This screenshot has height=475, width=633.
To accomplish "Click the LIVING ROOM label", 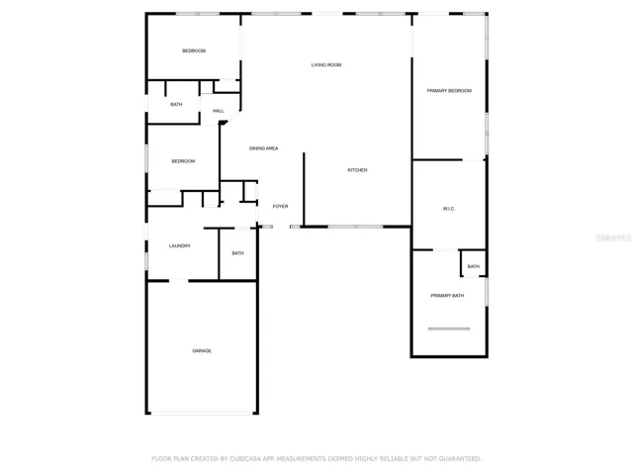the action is click(326, 64).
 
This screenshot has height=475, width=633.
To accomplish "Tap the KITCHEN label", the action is click(357, 170).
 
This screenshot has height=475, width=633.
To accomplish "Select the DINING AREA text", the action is click(264, 148).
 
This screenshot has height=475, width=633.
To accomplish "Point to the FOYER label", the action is click(280, 206).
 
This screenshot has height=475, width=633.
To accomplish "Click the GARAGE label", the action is click(202, 350).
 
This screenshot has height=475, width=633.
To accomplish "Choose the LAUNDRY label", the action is click(180, 245).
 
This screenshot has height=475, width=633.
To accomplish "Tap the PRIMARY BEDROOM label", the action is click(449, 90).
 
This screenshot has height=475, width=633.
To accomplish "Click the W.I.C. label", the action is click(449, 209).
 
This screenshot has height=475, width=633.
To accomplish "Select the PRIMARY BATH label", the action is click(447, 295).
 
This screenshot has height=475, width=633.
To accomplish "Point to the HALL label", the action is click(219, 111).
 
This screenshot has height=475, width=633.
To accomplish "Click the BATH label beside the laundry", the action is click(237, 253).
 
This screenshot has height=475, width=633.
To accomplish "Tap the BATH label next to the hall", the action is click(176, 104).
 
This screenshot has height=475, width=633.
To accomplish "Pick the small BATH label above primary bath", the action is click(474, 266).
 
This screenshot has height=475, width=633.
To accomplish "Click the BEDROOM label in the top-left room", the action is click(194, 50).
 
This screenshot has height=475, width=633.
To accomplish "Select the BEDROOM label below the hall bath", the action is click(183, 161).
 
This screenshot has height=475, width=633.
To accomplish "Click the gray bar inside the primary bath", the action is click(449, 329).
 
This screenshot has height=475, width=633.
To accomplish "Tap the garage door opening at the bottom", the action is click(202, 413).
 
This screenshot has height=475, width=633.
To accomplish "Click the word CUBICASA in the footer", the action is click(245, 459).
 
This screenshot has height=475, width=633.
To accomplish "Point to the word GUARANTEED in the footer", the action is click(460, 459).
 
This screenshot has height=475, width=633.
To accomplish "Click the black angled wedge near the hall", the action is click(223, 123).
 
